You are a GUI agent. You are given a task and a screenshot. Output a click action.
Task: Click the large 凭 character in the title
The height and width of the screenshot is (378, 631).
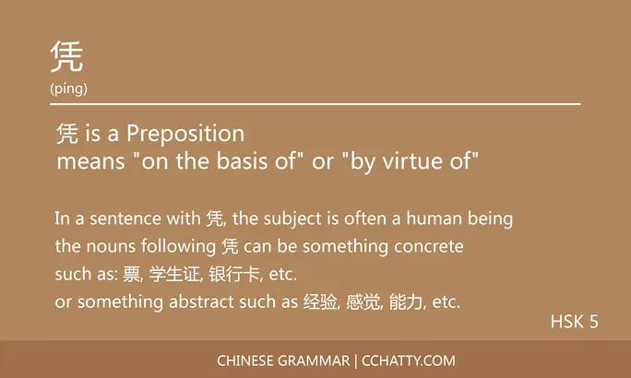[67, 57]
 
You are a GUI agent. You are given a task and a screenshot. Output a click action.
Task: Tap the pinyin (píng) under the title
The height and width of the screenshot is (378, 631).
[69, 89]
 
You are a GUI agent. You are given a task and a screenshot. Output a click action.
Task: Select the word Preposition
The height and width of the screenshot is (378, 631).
[185, 135]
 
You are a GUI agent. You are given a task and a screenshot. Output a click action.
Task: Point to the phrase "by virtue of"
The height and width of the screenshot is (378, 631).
[410, 163]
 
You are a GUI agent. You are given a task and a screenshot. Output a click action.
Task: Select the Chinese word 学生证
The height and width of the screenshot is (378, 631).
[174, 274]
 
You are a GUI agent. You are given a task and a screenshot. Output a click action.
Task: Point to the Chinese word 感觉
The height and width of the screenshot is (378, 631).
[363, 301]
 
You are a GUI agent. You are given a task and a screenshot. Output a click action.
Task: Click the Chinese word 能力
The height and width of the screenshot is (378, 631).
[407, 301]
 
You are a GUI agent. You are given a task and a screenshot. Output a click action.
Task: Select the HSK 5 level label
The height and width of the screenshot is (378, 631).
[575, 322]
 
